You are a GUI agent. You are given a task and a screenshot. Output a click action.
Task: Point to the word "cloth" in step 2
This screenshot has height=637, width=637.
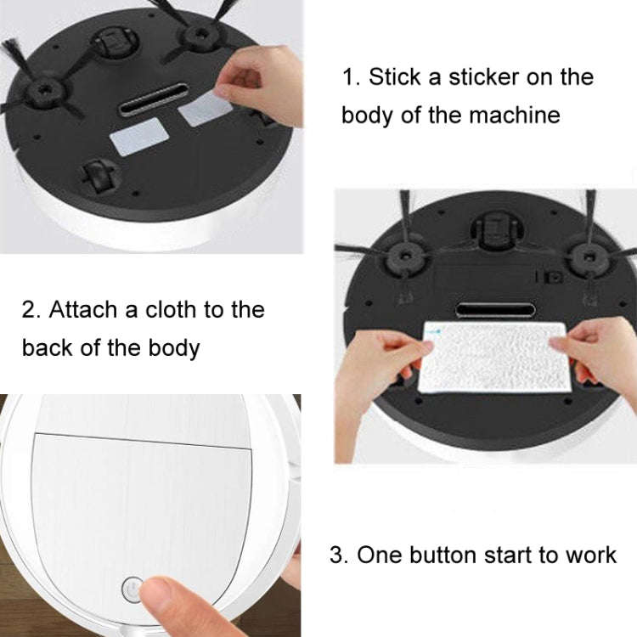162,308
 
